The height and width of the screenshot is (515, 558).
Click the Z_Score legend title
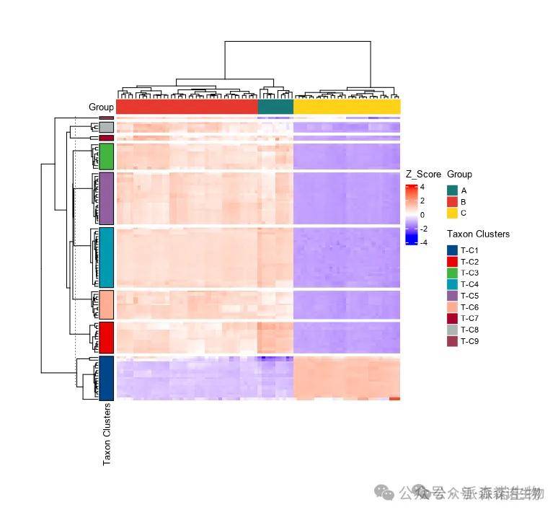(x=423, y=174)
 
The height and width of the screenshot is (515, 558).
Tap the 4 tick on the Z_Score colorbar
(x=422, y=186)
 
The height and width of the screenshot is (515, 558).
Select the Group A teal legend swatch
(x=452, y=190)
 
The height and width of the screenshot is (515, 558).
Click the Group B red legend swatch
(x=452, y=202)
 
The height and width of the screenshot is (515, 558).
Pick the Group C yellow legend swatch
(x=452, y=213)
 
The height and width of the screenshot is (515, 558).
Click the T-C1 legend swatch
(x=452, y=250)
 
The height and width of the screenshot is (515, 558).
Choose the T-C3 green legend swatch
(x=452, y=273)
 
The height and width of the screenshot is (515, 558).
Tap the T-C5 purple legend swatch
(x=452, y=296)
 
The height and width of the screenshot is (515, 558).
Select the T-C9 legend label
(x=470, y=341)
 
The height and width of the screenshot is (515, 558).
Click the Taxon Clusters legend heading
(x=478, y=234)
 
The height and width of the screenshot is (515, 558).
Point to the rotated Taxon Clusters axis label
(x=107, y=433)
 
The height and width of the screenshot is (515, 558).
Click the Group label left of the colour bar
(x=101, y=107)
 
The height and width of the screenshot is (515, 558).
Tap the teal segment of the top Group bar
(x=275, y=107)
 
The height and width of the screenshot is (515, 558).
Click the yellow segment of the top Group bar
(x=347, y=107)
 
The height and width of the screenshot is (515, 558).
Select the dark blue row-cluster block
(x=106, y=377)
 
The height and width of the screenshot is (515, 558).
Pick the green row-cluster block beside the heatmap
(x=106, y=157)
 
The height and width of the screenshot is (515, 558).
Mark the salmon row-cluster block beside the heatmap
(x=106, y=304)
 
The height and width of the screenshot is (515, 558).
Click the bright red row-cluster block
(x=106, y=337)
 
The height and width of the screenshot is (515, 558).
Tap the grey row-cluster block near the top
(x=106, y=127)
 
